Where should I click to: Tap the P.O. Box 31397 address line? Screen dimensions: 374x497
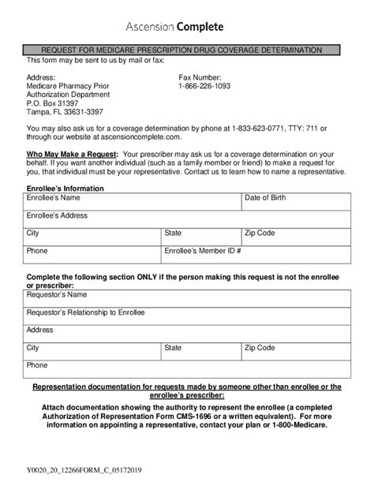[x=53, y=103]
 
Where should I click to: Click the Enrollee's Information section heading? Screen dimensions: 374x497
[x=65, y=189]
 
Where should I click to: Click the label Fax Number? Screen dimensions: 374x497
[x=200, y=77]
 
